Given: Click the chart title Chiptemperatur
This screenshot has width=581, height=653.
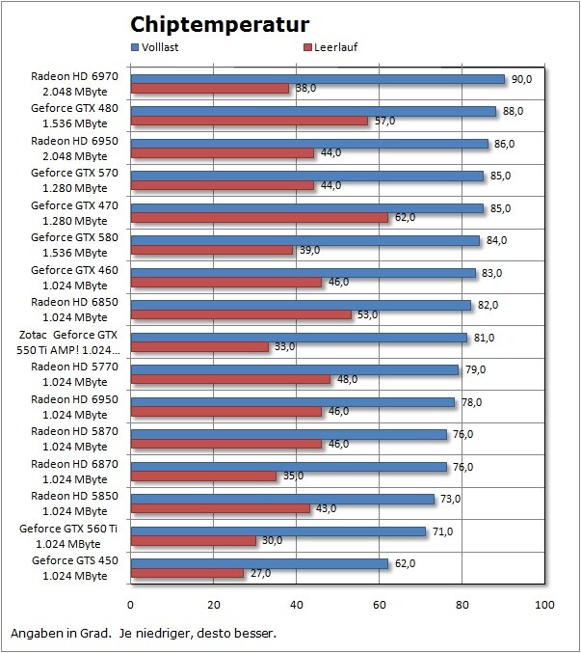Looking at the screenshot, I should point(220,24).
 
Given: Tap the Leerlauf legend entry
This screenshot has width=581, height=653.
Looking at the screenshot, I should point(332,46).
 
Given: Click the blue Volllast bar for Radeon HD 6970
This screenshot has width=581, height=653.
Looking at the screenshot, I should point(317,79).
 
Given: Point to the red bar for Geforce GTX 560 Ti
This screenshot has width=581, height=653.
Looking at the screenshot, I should point(193,541).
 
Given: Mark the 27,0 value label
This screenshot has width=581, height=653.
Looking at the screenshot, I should point(261,573).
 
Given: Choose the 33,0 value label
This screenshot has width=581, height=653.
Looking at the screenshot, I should point(286,347).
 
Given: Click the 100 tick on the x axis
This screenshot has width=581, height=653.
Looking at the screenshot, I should point(545,606).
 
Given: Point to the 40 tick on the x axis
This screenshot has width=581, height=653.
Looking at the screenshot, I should point(296,606).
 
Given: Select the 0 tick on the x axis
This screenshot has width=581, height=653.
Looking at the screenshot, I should point(130,606).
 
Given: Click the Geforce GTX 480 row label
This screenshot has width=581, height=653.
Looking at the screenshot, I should point(75,116).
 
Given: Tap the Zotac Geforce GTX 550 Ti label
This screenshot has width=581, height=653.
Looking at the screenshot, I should point(73,341).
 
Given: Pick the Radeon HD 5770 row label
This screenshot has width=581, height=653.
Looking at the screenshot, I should point(75,374).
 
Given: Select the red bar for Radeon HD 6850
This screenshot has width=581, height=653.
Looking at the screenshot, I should point(240,314).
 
